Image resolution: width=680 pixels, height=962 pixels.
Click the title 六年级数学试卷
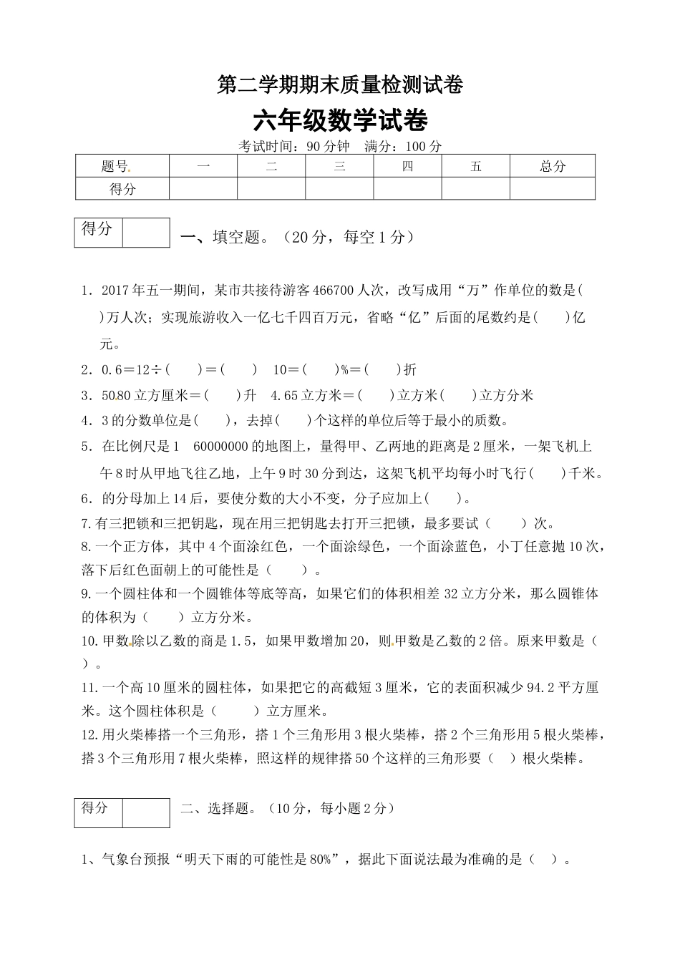(x=340, y=121)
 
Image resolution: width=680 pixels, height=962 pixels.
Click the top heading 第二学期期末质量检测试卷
(x=340, y=86)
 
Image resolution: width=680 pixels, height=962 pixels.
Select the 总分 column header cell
(x=552, y=167)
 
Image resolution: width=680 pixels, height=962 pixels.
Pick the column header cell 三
(x=339, y=167)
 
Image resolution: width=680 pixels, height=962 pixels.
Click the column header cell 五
(x=475, y=167)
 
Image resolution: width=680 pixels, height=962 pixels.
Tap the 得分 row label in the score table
(x=122, y=189)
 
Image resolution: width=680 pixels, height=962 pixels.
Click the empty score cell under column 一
(x=203, y=189)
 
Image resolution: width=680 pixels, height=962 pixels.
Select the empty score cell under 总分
(x=552, y=189)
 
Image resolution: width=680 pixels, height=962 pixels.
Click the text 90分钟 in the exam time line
(x=328, y=146)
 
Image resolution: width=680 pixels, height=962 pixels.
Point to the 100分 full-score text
(x=424, y=146)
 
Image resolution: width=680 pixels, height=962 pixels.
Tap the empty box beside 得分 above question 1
(x=146, y=233)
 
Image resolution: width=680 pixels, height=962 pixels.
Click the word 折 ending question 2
(x=410, y=370)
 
